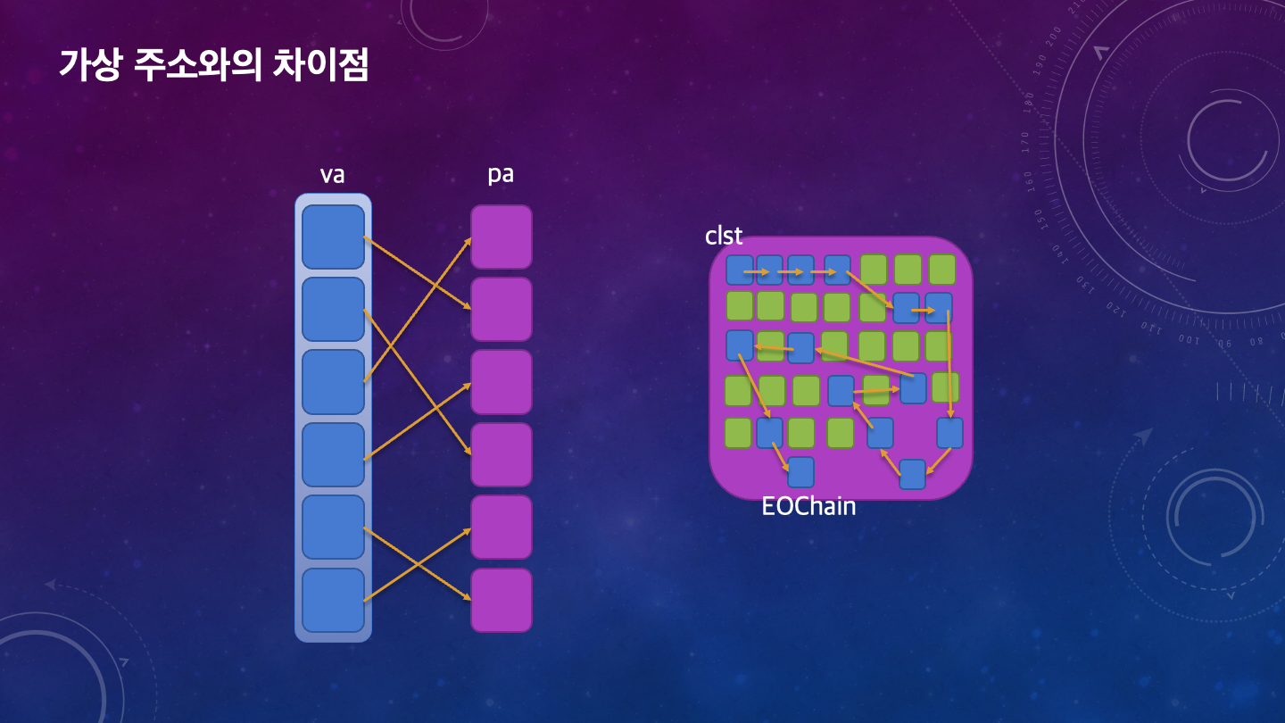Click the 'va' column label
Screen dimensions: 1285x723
[x=332, y=175]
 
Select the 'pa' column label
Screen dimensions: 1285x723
[x=501, y=174]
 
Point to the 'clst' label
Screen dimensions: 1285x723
[x=724, y=236]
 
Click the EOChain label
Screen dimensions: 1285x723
[x=808, y=507]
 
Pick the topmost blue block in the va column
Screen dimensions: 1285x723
[x=333, y=237]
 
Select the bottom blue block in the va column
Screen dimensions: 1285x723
[x=333, y=600]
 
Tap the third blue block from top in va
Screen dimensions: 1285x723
[x=333, y=382]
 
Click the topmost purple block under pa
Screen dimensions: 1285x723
[x=502, y=237]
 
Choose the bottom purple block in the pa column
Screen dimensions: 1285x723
[x=502, y=600]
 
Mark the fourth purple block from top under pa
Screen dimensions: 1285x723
[x=502, y=454]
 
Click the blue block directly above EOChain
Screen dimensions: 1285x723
[x=800, y=472]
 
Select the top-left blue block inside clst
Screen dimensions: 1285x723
[x=740, y=270]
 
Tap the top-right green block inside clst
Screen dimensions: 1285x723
[x=942, y=269]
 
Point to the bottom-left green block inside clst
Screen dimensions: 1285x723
[x=738, y=433]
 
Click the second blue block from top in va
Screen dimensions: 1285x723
[x=333, y=309]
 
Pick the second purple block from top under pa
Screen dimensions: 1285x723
[x=502, y=309]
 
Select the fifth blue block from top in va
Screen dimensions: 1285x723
[x=333, y=527]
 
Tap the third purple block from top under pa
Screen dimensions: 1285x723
[x=502, y=382]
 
